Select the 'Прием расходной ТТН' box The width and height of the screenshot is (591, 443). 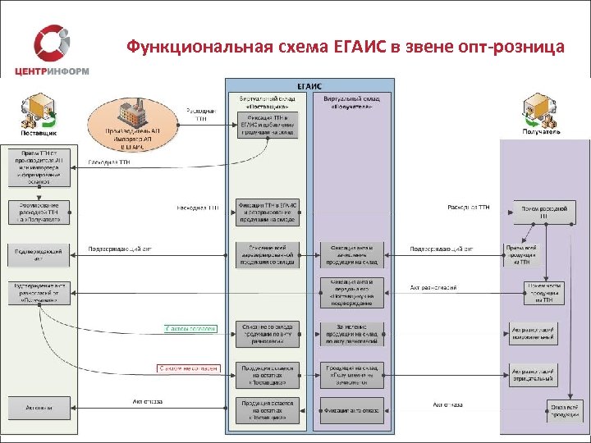pos(543,212)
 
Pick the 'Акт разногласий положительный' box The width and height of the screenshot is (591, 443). pos(534,334)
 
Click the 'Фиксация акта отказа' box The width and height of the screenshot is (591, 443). pos(351,409)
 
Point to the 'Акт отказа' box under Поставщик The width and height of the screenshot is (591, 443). pos(39,408)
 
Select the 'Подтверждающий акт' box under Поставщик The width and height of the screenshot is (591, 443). pos(39,253)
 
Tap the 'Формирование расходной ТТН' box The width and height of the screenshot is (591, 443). pos(39,212)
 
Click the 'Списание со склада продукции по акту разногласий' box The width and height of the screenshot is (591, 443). pos(268,334)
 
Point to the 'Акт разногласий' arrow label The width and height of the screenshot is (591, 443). pos(433,288)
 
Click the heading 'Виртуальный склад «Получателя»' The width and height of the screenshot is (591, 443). pos(351,102)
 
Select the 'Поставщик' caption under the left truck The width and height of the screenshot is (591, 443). pos(39,131)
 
